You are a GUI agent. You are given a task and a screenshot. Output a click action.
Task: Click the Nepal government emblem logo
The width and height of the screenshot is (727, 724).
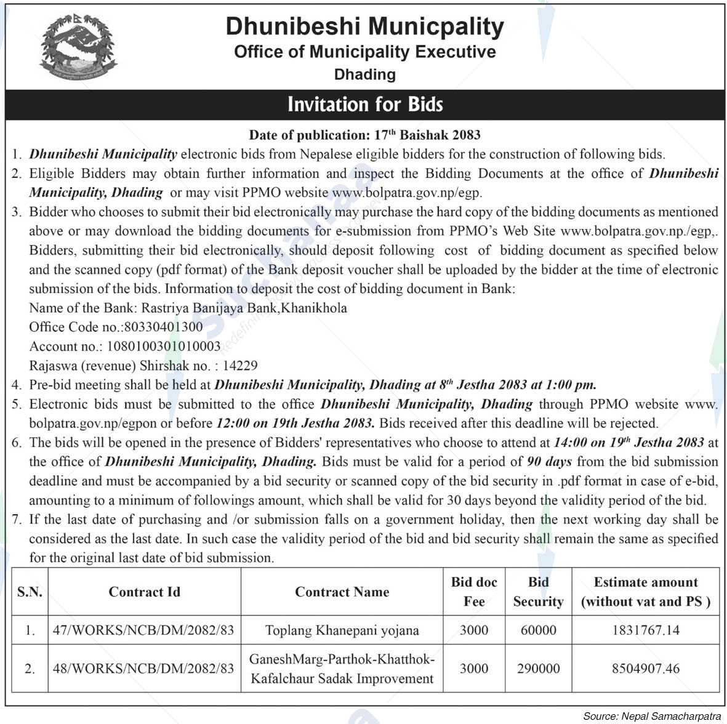pyautogui.click(x=77, y=50)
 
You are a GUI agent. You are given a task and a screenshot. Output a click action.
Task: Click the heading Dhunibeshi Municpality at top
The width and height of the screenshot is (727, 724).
pyautogui.click(x=364, y=26)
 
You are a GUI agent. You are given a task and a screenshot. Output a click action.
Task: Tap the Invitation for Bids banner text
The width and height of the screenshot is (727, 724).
pyautogui.click(x=365, y=105)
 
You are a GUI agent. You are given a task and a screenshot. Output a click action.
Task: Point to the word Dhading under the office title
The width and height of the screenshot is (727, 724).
pyautogui.click(x=364, y=74)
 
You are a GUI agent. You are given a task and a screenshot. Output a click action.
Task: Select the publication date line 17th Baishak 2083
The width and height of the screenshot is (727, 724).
pyautogui.click(x=364, y=135)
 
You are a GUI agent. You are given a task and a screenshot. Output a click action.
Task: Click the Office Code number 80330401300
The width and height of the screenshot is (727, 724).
pyautogui.click(x=163, y=327)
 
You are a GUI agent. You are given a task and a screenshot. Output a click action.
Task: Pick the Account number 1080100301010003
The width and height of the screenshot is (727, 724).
pyautogui.click(x=164, y=346)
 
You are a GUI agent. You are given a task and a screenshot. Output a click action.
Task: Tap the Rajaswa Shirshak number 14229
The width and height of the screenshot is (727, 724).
pyautogui.click(x=240, y=366)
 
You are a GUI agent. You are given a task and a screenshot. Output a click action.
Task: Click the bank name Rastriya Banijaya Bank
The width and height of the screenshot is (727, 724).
pyautogui.click(x=209, y=308)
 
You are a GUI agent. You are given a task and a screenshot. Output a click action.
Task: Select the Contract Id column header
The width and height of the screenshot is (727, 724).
pyautogui.click(x=144, y=592)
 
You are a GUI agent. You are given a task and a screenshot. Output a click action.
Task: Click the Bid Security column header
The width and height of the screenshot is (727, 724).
pyautogui.click(x=538, y=592)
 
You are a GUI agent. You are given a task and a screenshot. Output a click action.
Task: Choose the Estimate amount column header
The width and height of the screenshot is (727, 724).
pyautogui.click(x=645, y=592)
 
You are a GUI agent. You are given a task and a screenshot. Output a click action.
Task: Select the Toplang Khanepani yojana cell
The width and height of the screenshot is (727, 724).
pyautogui.click(x=342, y=630)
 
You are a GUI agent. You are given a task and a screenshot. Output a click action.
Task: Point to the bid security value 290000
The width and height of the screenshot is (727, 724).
pyautogui.click(x=538, y=669)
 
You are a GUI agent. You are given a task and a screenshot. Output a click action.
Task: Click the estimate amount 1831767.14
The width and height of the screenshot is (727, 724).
pyautogui.click(x=645, y=630)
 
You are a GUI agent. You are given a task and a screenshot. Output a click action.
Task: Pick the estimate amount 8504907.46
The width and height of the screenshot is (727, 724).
pyautogui.click(x=645, y=669)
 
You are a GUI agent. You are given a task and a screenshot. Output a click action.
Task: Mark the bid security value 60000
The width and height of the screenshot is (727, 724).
pyautogui.click(x=538, y=630)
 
